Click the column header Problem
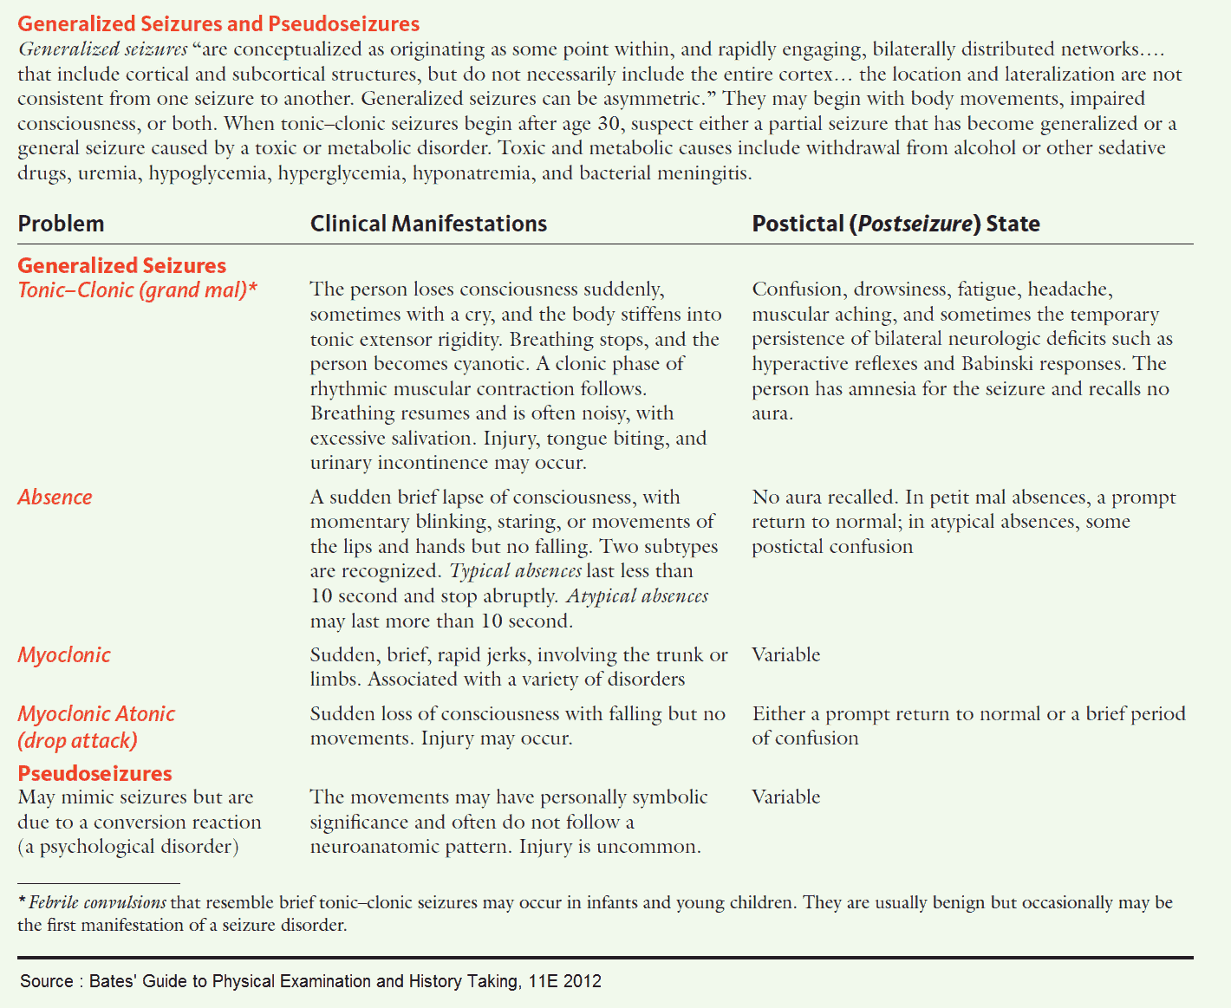pyautogui.click(x=61, y=224)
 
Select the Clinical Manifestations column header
pyautogui.click(x=428, y=224)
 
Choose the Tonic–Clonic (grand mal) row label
pyautogui.click(x=137, y=289)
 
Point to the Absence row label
pyautogui.click(x=55, y=497)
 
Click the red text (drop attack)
pyautogui.click(x=77, y=741)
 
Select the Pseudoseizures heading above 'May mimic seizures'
pyautogui.click(x=94, y=773)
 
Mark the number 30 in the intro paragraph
pyautogui.click(x=610, y=124)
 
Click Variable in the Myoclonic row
pyautogui.click(x=785, y=655)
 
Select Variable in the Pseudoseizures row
pyautogui.click(x=785, y=797)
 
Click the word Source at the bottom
pyautogui.click(x=47, y=981)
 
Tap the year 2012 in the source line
pyautogui.click(x=582, y=981)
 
